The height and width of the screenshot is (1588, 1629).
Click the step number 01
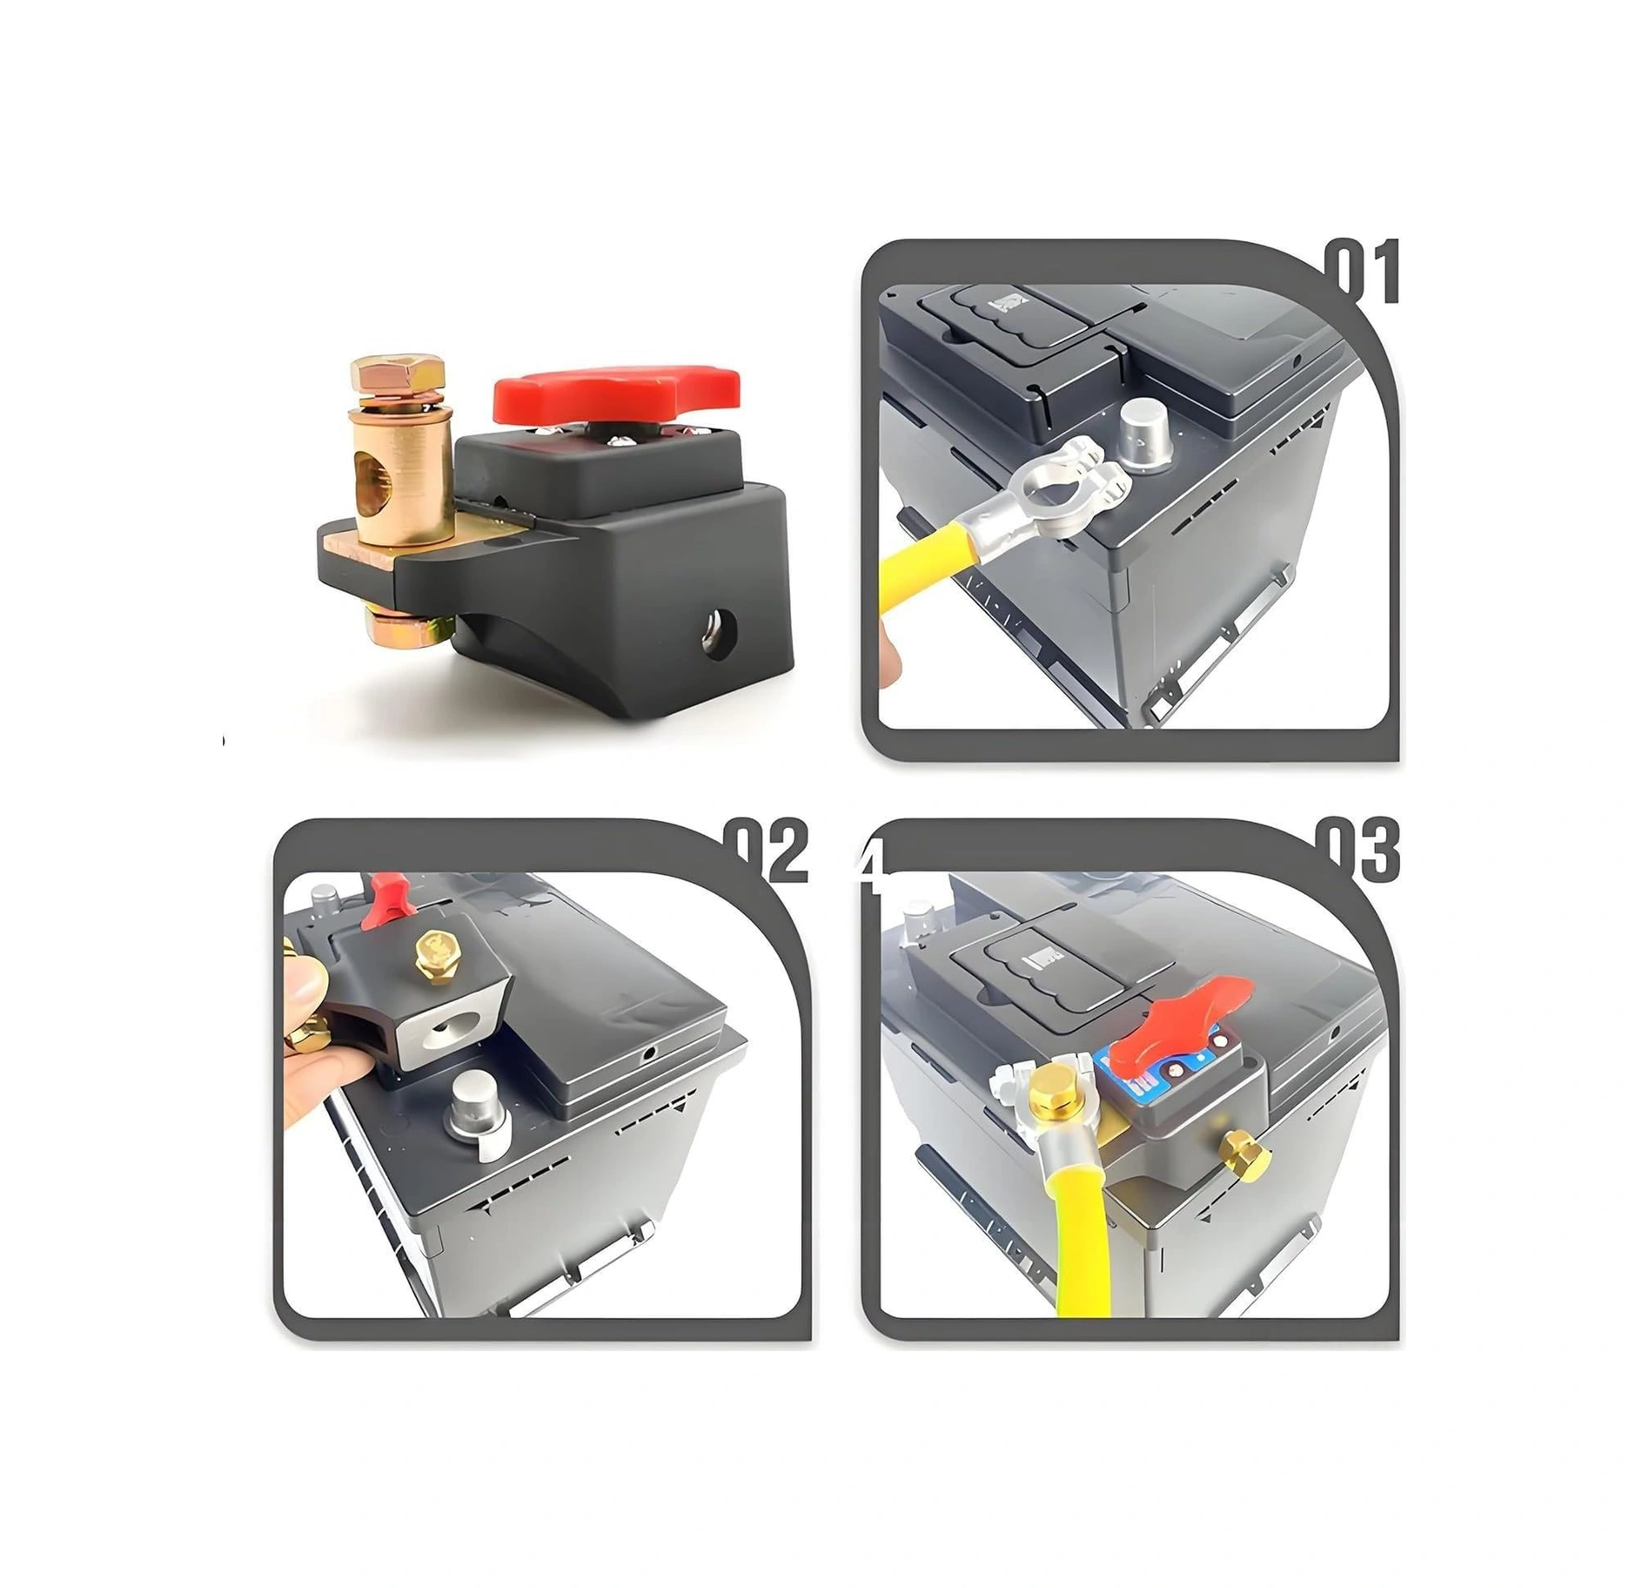point(1363,272)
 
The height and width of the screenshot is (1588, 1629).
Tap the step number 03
point(1358,852)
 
